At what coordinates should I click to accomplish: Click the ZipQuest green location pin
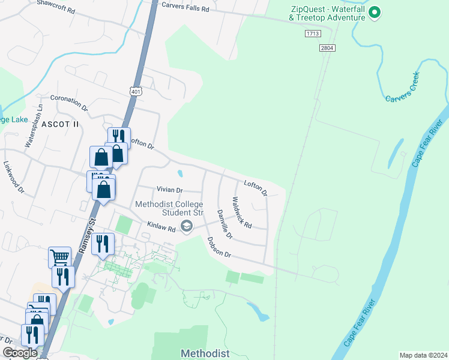pos(375,12)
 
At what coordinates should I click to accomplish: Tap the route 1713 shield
pos(311,35)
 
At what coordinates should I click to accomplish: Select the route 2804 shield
pos(327,47)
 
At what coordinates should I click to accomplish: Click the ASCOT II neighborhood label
pos(60,124)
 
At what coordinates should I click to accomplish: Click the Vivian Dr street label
pos(169,189)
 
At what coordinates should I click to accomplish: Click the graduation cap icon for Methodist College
pos(187,226)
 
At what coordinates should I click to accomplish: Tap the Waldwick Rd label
pos(242,212)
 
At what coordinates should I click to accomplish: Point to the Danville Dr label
pos(224,223)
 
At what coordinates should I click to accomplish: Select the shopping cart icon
pos(59,257)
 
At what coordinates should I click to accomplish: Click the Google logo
pos(20,353)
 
